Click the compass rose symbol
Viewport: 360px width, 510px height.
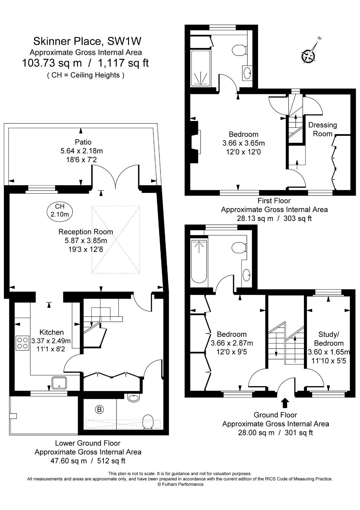tap(308, 56)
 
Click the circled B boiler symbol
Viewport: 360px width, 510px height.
tap(100, 409)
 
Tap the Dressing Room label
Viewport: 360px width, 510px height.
tap(322, 129)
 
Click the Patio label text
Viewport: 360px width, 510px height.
tap(83, 142)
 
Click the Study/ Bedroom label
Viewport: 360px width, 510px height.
tap(328, 339)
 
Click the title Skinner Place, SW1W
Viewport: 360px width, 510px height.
tap(87, 41)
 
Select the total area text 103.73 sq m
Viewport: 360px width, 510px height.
tap(52, 63)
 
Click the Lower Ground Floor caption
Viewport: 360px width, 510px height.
tap(88, 443)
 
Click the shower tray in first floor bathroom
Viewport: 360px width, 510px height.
tap(201, 68)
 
